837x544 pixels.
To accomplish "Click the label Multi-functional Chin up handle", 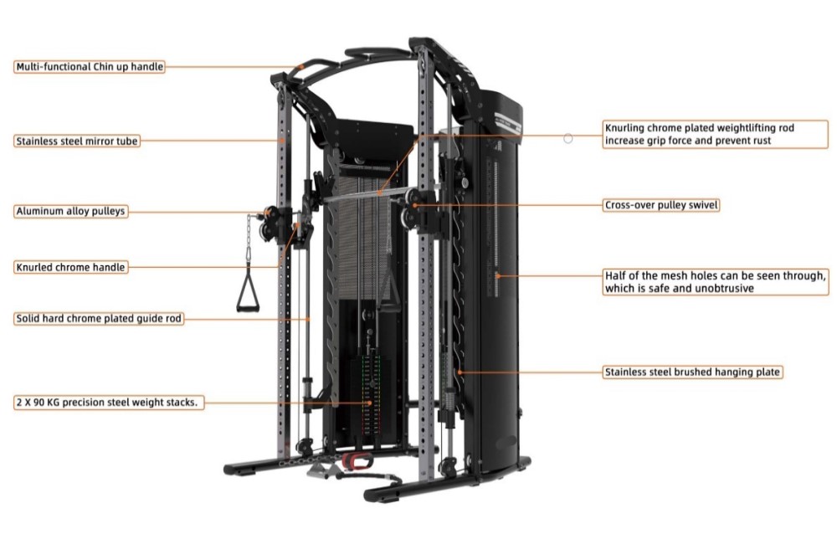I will tap(90, 67).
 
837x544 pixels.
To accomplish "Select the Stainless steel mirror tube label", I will tap(76, 141).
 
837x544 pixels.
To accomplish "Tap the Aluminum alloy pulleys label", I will tap(71, 212).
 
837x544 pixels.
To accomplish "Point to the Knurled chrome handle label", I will tap(71, 268).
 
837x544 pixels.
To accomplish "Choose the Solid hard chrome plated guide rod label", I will tap(99, 319).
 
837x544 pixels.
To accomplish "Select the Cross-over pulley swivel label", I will tap(661, 205).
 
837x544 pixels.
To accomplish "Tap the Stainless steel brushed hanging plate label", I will tap(693, 372).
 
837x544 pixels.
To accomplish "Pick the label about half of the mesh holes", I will tap(716, 281).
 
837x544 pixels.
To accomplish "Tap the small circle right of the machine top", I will tap(568, 138).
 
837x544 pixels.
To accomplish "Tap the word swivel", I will tap(702, 205).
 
